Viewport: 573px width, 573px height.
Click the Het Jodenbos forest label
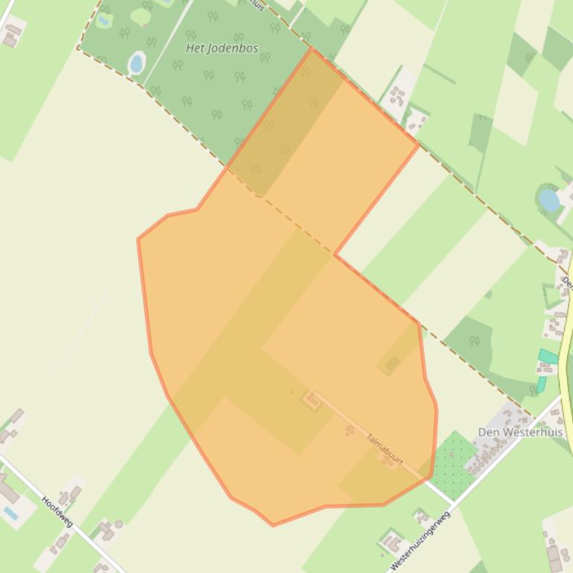(x=221, y=48)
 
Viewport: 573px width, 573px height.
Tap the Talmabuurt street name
(x=384, y=449)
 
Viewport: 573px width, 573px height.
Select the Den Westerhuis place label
(x=519, y=432)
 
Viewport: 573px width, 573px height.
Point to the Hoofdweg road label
(x=57, y=512)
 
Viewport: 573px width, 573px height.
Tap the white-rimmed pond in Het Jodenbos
(x=136, y=63)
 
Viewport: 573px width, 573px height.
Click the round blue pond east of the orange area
(x=549, y=199)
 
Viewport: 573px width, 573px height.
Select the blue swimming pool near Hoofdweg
(x=10, y=513)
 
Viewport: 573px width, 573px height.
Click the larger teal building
(x=548, y=356)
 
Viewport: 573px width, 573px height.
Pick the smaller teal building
(x=541, y=384)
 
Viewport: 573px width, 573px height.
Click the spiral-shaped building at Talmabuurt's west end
(x=311, y=400)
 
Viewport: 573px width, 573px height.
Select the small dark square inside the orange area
(x=393, y=363)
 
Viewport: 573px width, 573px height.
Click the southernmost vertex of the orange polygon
(x=273, y=525)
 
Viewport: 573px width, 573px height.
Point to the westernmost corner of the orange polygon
(x=138, y=239)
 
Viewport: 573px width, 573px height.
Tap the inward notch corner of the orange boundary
(x=335, y=255)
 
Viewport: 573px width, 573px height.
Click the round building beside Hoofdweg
(x=118, y=525)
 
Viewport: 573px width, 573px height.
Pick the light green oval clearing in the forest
(x=140, y=16)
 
